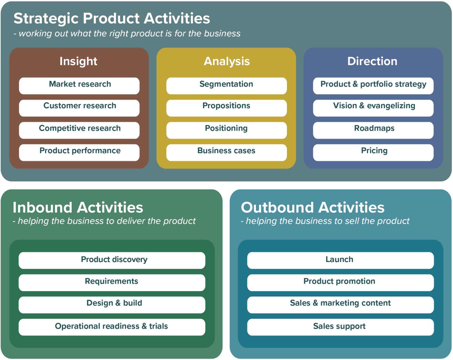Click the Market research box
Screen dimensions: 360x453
[x=79, y=86]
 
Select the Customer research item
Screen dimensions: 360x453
[x=79, y=108]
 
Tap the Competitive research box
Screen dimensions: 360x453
[x=79, y=130]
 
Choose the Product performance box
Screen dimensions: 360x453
[x=79, y=152]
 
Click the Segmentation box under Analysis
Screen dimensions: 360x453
[x=226, y=86]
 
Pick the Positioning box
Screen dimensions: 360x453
[x=226, y=130]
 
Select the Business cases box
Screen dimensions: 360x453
[x=226, y=152]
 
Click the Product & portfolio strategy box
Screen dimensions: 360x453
[x=373, y=86]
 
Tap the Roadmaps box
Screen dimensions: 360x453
[x=373, y=130]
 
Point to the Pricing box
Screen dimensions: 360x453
[x=373, y=152]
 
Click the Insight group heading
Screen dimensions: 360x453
[x=78, y=61]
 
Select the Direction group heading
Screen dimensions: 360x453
[x=372, y=61]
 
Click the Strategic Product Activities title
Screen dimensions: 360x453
[x=112, y=18]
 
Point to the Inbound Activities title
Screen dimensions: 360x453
[x=78, y=207]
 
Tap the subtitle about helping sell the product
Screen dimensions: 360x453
[x=325, y=221]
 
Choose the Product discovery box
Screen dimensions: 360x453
[x=112, y=260]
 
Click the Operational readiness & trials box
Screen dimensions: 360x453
[x=112, y=327]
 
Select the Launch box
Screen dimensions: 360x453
[x=340, y=260]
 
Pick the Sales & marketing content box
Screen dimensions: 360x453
[x=340, y=305]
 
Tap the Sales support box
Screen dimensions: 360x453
[x=340, y=327]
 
